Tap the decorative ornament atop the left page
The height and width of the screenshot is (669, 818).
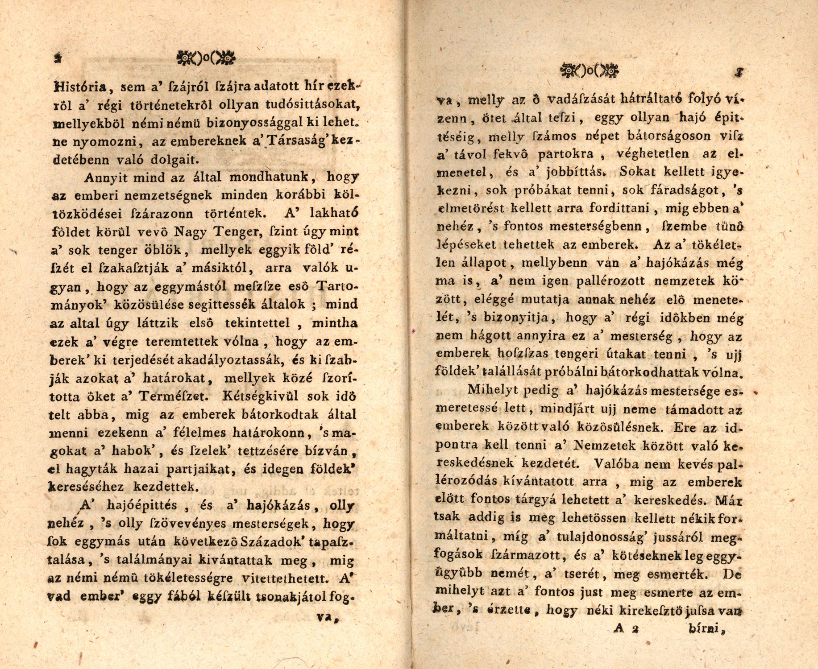[x=206, y=58]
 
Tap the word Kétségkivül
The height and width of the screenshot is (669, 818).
[x=261, y=396]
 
